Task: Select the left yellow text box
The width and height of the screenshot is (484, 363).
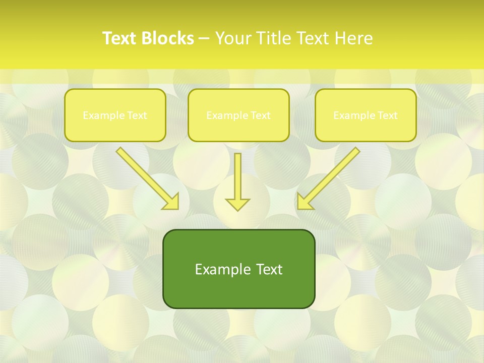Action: pyautogui.click(x=115, y=115)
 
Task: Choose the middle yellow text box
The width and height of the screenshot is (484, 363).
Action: pyautogui.click(x=238, y=115)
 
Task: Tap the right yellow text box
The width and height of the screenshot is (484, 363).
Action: pyautogui.click(x=366, y=115)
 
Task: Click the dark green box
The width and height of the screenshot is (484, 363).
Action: pyautogui.click(x=238, y=269)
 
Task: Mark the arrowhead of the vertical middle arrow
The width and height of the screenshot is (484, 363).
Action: pyautogui.click(x=237, y=204)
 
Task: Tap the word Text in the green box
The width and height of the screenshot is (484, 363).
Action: pyautogui.click(x=270, y=269)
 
